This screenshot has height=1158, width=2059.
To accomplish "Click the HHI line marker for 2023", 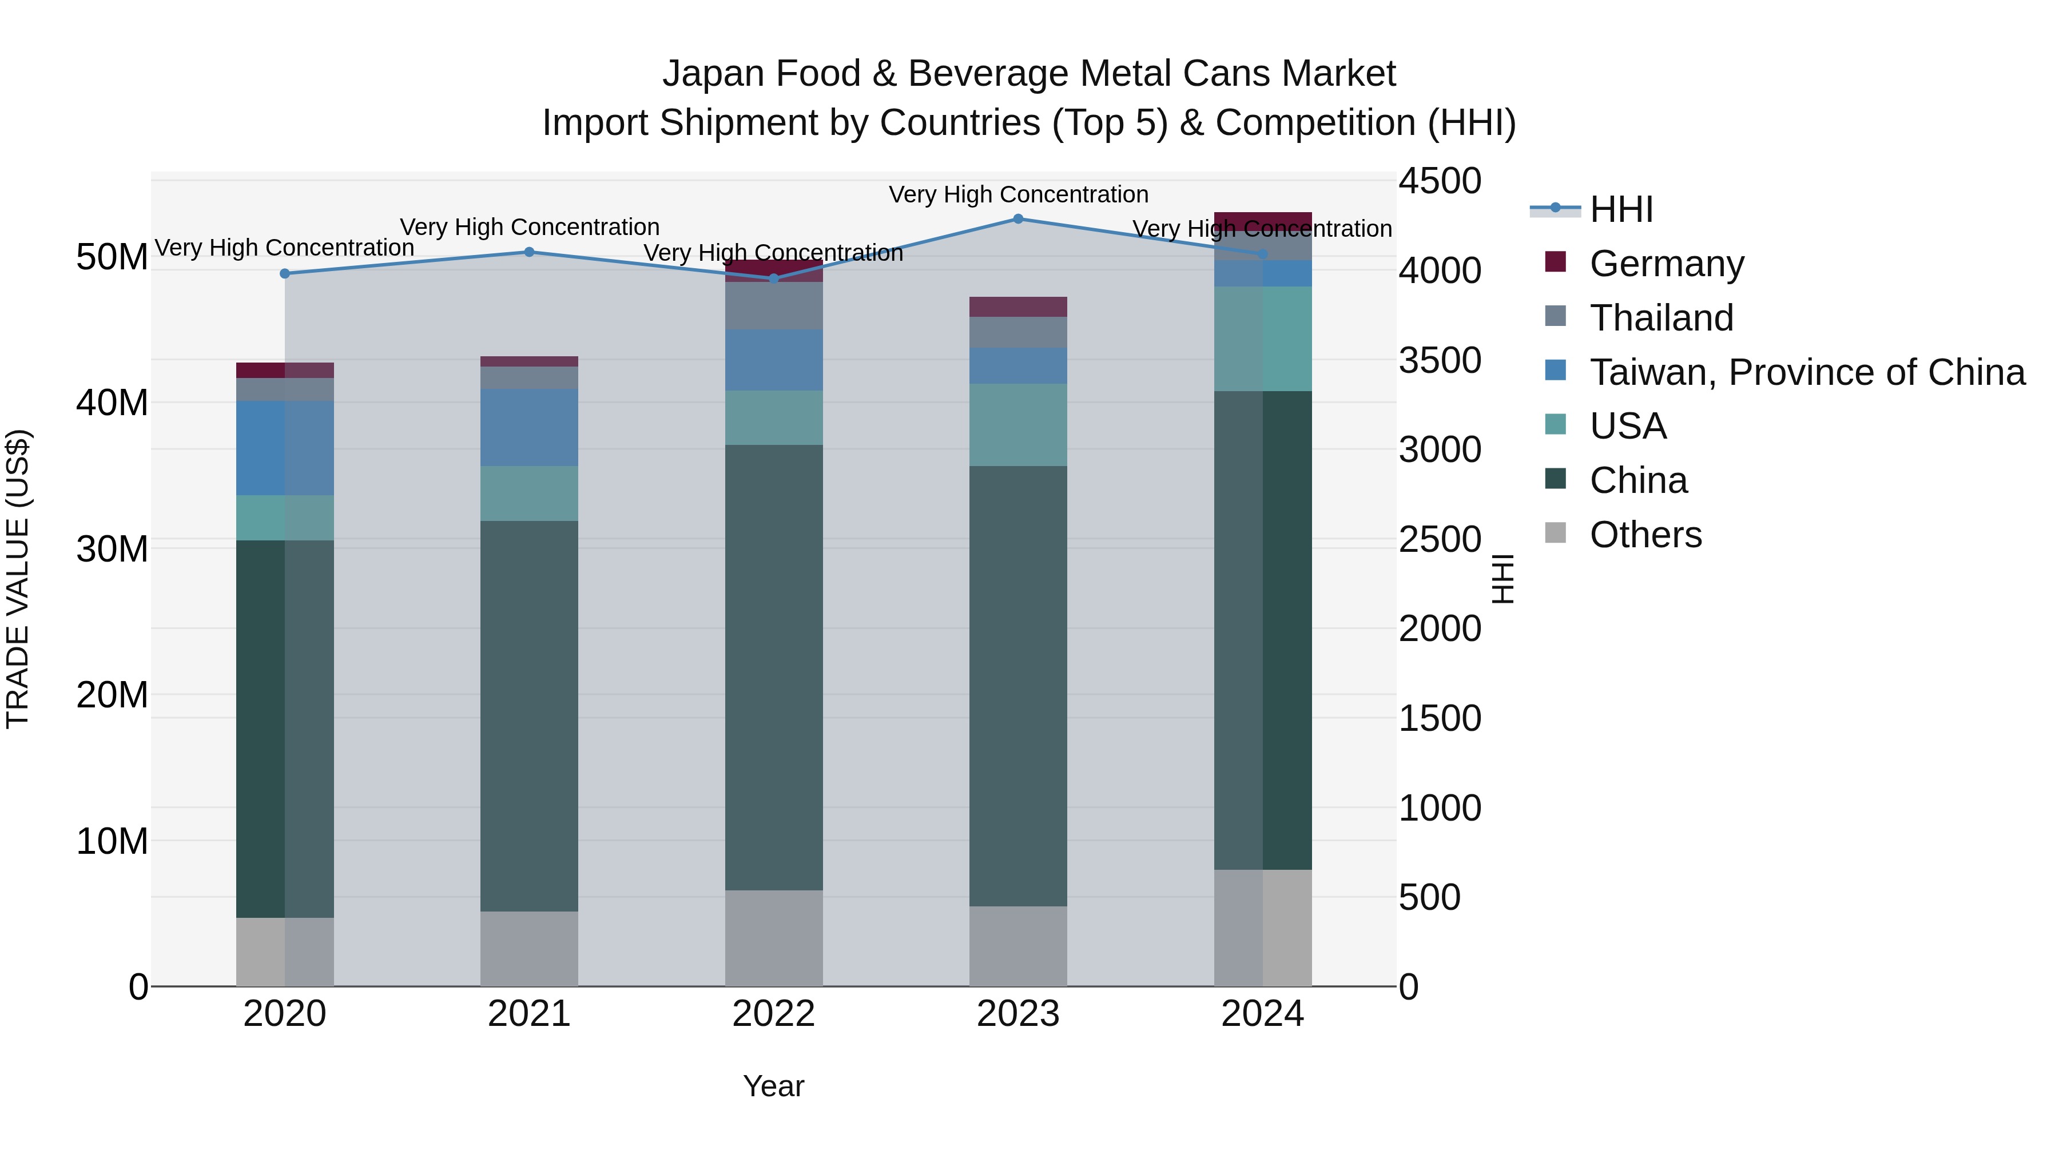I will (1017, 219).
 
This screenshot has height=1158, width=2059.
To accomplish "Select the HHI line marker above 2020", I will (285, 273).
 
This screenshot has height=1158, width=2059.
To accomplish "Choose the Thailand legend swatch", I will (1556, 316).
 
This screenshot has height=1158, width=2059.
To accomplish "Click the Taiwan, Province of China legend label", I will (1806, 372).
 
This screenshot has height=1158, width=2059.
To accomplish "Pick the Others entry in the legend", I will (1645, 535).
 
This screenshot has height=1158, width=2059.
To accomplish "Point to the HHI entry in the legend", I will (1620, 209).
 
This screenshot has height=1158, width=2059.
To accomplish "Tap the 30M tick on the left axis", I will (112, 549).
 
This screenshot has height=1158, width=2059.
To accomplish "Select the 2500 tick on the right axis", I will (1440, 539).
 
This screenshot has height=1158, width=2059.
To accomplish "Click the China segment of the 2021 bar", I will (528, 715).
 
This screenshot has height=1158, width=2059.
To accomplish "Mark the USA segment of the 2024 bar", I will (1262, 339).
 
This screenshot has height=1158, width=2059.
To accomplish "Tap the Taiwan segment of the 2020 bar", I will (285, 448).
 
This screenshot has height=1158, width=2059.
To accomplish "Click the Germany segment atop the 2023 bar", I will (1017, 307).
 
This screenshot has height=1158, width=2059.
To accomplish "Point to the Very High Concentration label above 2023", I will (1017, 194).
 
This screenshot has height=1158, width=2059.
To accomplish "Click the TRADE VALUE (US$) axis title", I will (18, 579).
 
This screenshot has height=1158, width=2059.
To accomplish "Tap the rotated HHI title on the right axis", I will (1502, 579).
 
